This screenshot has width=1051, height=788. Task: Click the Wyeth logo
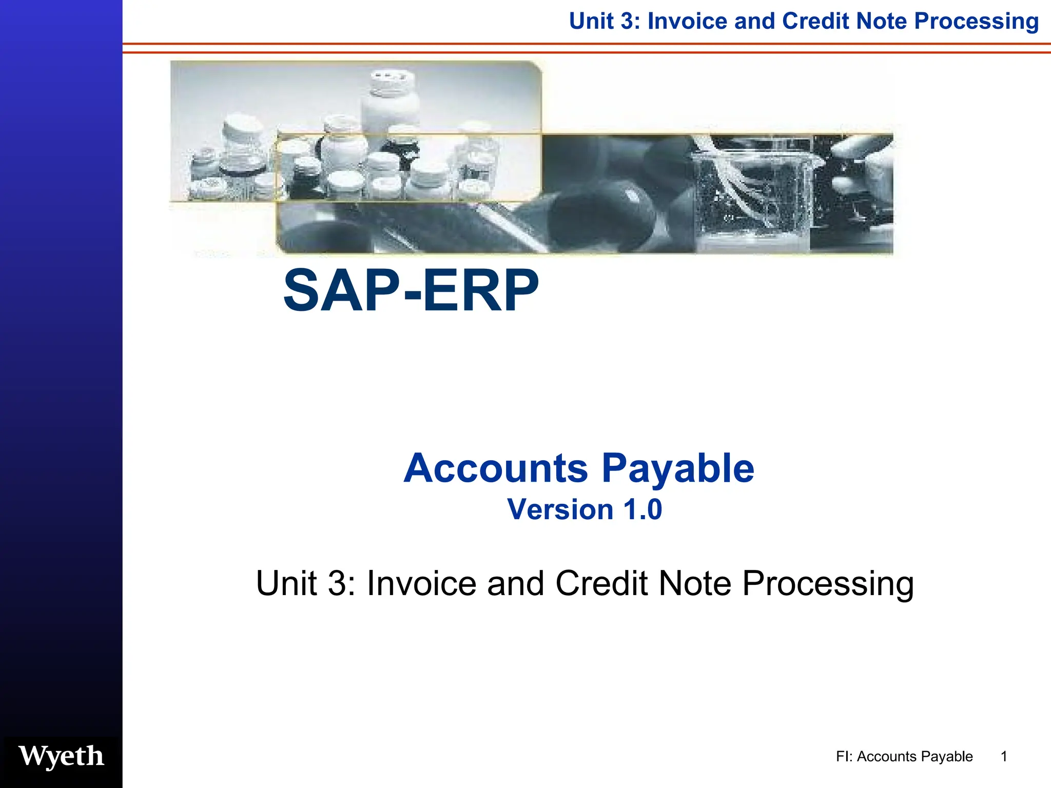point(61,756)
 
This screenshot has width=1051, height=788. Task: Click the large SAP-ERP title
point(411,291)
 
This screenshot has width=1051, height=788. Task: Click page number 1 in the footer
point(1004,756)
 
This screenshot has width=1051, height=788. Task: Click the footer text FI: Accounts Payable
point(904,756)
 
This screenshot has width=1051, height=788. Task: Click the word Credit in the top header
point(815,22)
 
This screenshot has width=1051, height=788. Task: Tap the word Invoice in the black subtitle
point(422,583)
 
